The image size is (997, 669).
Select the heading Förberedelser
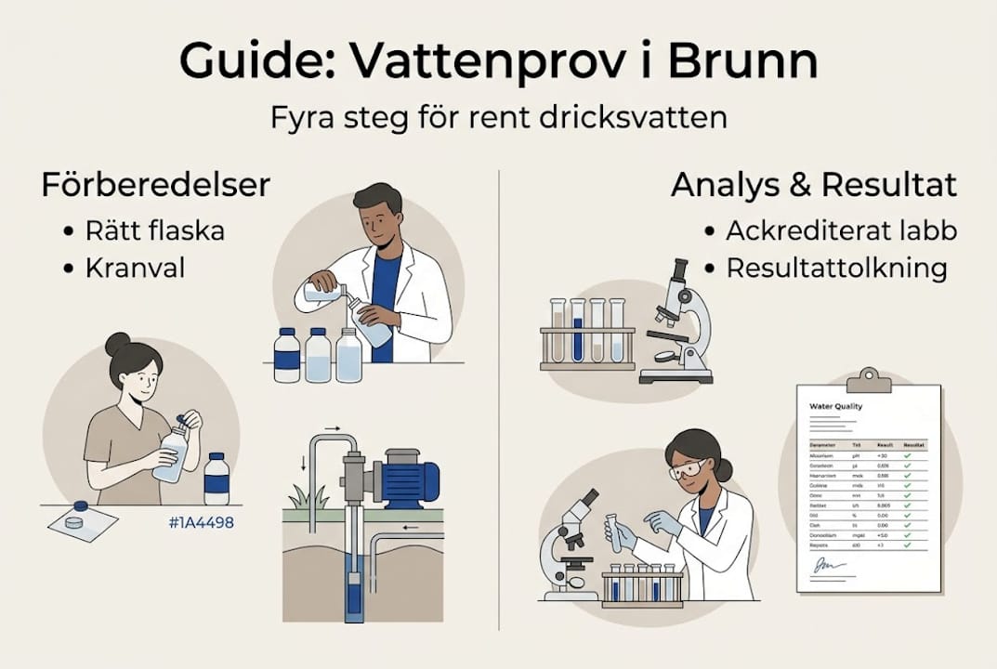click(155, 185)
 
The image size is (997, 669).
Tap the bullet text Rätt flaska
click(154, 230)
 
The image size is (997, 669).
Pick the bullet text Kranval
click(135, 268)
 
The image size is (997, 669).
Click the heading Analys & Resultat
click(814, 185)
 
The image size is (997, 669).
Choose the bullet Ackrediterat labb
click(841, 230)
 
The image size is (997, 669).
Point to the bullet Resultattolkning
click(836, 268)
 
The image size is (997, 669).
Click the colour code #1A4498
click(202, 522)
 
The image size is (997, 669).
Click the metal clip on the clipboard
click(869, 379)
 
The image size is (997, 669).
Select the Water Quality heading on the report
click(836, 407)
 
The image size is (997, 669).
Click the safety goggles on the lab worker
click(687, 469)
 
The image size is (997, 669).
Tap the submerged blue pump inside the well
click(352, 596)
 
